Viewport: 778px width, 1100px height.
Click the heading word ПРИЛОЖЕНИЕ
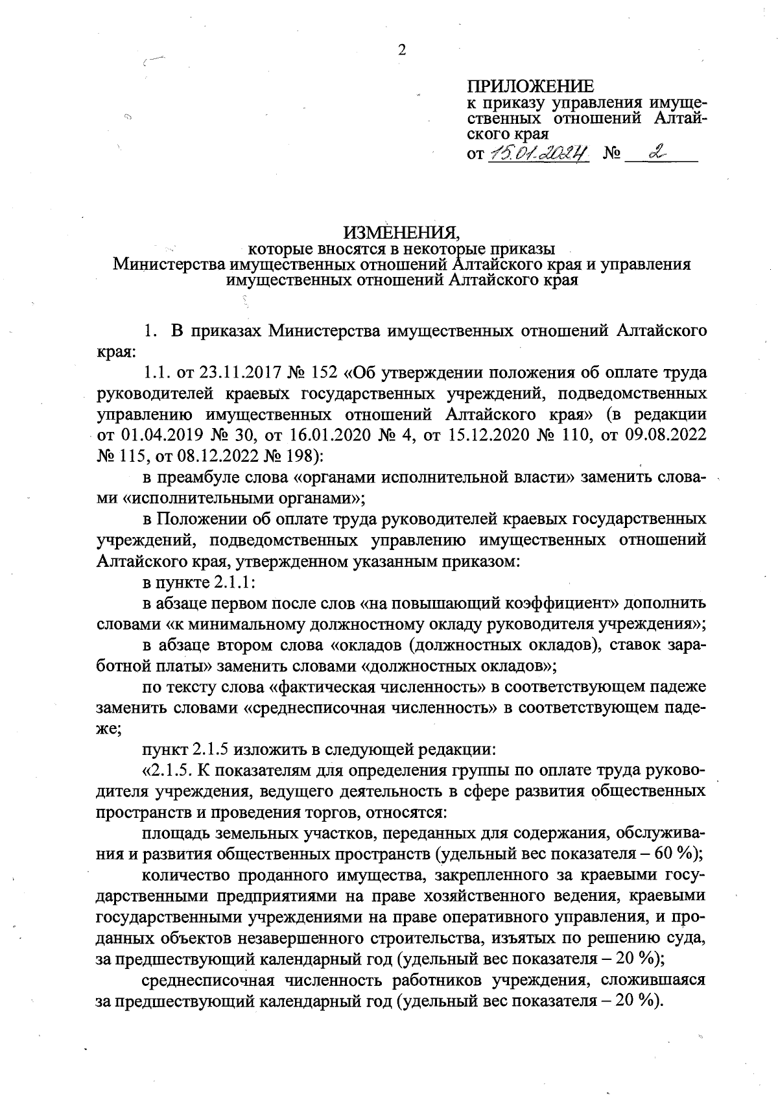coord(530,86)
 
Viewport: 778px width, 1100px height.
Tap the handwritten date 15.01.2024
coord(538,154)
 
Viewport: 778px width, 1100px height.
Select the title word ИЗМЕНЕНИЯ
coord(401,232)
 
